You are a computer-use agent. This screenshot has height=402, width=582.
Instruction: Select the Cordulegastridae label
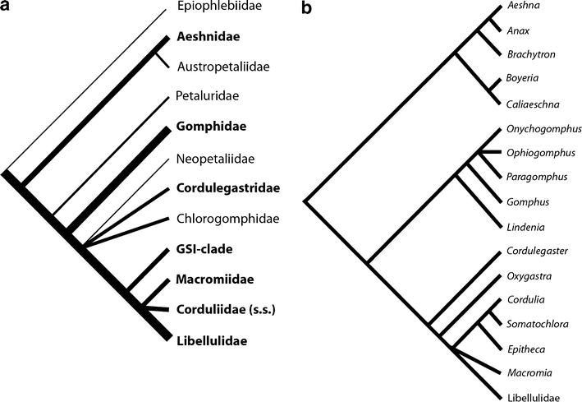point(228,188)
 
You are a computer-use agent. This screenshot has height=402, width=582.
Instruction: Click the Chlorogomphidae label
point(222,219)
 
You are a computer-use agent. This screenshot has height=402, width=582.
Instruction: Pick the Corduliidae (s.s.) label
point(223,310)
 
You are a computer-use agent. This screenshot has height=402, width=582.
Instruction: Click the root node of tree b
point(305,200)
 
